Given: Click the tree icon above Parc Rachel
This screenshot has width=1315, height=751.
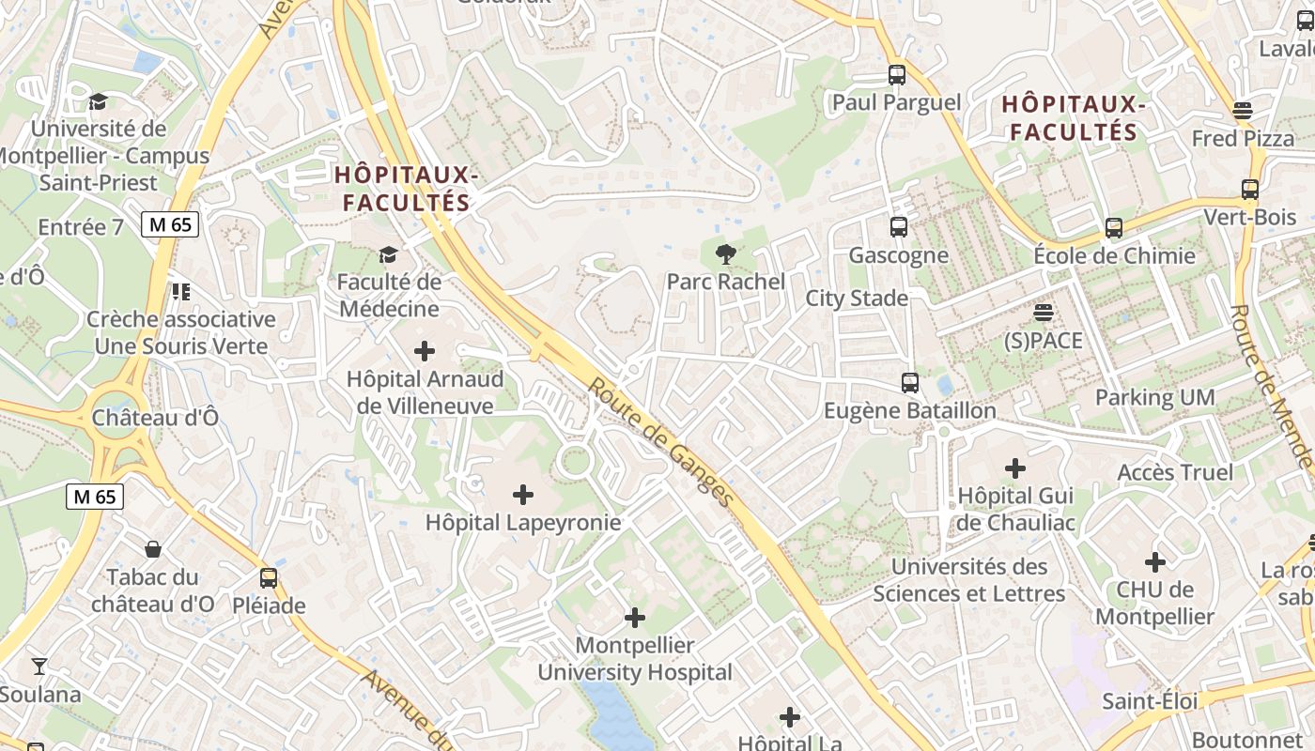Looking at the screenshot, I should pos(725,253).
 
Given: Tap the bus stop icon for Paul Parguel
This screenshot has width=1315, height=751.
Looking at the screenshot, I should pos(897,74).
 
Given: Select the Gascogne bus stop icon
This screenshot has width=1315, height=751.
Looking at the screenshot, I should pos(899,226).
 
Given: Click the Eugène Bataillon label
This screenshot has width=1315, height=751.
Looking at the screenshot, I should pos(909,411).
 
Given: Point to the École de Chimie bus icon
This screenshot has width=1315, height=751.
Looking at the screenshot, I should pos(1114,227).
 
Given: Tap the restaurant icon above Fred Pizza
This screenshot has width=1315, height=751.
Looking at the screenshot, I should pos(1243,111).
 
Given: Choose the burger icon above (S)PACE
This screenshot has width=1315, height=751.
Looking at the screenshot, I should pos(1044,312).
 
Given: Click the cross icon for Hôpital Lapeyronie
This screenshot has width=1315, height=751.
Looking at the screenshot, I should pos(523,494).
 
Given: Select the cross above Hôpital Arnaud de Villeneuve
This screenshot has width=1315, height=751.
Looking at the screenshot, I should pos(425,351).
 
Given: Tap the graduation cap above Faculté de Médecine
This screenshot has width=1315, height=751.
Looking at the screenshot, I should pos(388,254).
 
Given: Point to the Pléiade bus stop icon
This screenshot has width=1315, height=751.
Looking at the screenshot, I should pos(269,577).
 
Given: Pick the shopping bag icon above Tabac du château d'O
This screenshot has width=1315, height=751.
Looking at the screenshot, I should pos(153,548).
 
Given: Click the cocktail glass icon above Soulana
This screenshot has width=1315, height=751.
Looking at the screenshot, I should pos(39,667).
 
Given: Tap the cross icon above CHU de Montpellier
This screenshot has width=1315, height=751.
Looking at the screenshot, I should pos(1154,562).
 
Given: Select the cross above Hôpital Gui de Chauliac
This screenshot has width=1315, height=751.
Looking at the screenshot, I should pos(1015,467).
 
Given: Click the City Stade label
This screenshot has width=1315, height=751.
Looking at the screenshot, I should pos(857,299).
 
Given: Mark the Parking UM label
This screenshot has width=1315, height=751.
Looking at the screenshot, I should pos(1154,397).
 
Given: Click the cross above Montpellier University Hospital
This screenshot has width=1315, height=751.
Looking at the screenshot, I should pos(635,618).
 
